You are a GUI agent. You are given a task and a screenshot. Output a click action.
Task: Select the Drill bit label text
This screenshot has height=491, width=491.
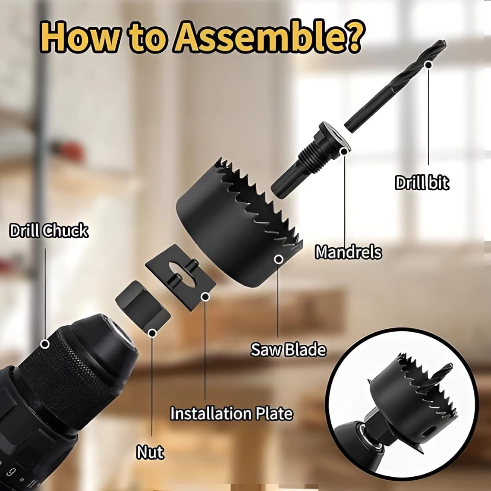click(x=422, y=183)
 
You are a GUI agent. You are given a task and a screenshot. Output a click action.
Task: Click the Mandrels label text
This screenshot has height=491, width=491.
click(x=348, y=252)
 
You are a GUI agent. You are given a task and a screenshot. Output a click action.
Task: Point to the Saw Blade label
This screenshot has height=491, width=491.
click(x=288, y=349)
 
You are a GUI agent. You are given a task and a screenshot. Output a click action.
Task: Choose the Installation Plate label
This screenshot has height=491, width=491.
click(x=231, y=413)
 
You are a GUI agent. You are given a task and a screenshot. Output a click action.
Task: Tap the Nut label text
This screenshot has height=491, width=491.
click(x=150, y=452)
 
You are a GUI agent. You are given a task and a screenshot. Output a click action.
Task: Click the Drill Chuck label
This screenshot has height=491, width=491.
click(x=49, y=231)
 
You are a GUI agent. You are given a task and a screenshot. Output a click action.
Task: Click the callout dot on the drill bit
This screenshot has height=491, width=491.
click(x=428, y=65)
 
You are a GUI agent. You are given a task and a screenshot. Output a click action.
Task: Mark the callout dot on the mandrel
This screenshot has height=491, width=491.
click(x=344, y=151)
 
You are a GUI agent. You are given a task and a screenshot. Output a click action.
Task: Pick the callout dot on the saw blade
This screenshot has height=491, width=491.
click(x=279, y=259)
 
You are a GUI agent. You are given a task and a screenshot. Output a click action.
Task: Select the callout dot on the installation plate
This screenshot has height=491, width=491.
click(x=205, y=296)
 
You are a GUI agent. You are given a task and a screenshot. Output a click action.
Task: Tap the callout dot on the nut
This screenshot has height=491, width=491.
click(x=152, y=333)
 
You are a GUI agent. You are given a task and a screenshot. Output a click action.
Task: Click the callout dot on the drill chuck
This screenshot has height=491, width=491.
click(x=44, y=344)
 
